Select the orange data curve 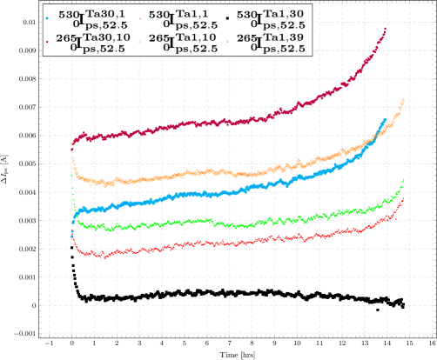tap(218, 173)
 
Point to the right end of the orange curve tap(403, 101)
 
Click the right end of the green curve tap(403, 179)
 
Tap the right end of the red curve tap(402, 200)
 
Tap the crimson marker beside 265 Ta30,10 tap(50, 41)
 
